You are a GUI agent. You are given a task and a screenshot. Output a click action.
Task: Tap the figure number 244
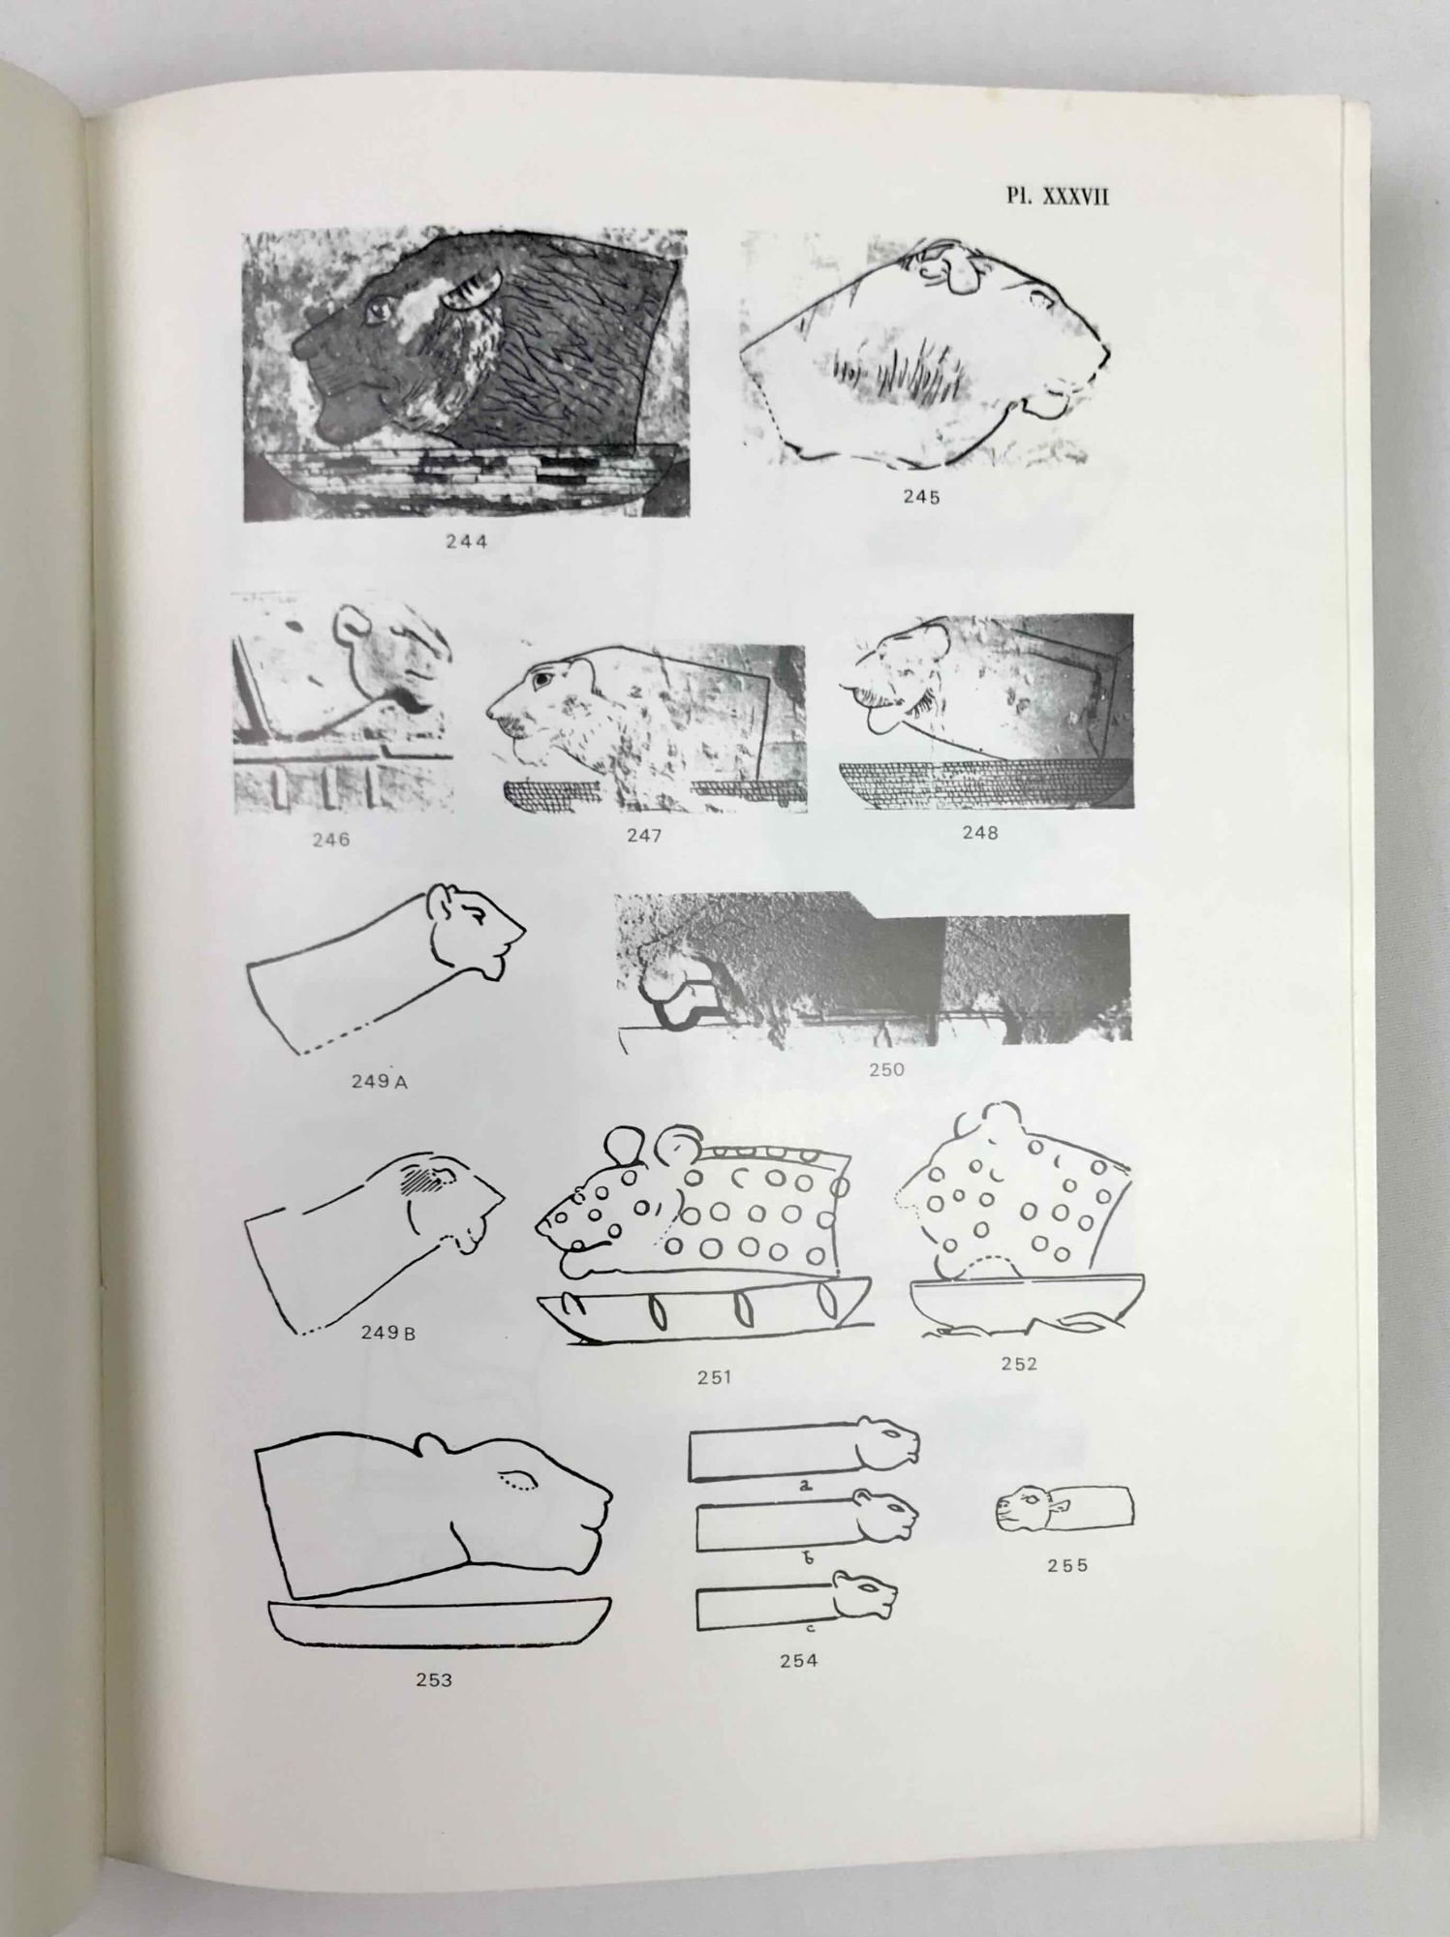tap(467, 542)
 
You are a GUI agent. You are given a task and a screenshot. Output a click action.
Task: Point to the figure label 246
tap(330, 840)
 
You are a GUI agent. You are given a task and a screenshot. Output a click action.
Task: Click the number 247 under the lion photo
tap(644, 836)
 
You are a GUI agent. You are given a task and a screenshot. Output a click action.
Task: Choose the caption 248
tap(979, 832)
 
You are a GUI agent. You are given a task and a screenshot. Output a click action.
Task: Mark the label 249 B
tap(388, 1333)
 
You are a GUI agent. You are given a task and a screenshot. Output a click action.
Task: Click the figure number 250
tap(886, 1069)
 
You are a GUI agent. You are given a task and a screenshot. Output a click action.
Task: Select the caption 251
tap(714, 1377)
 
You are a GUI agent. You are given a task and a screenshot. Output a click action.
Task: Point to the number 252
tap(1019, 1364)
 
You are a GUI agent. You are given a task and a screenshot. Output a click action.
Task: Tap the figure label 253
tap(434, 1680)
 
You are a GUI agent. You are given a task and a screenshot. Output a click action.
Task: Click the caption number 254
tap(798, 1661)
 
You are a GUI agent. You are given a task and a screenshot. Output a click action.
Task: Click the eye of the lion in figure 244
tap(378, 310)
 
